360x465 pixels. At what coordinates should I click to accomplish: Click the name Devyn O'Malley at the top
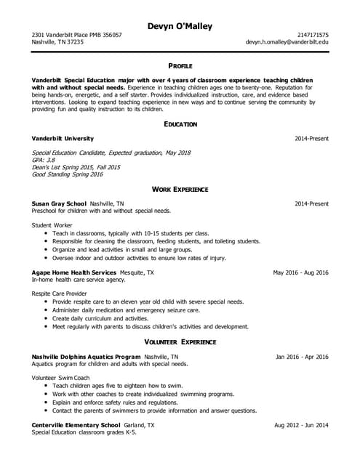pos(180,27)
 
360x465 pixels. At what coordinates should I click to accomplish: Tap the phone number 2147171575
pos(313,35)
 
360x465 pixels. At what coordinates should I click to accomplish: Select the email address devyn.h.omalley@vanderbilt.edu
pos(287,43)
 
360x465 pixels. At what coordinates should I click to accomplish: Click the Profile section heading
pos(180,65)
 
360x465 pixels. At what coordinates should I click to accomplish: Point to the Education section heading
pos(180,124)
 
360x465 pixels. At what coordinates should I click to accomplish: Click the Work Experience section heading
pos(180,189)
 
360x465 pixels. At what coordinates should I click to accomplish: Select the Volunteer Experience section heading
pos(180,341)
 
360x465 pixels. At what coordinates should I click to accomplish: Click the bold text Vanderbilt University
pos(63,138)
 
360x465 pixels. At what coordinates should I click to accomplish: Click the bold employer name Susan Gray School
pos(60,203)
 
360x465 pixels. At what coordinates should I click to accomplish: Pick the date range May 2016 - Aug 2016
pos(300,272)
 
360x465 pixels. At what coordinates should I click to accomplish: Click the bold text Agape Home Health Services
pos(74,272)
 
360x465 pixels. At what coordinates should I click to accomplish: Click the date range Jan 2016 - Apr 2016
pos(302,357)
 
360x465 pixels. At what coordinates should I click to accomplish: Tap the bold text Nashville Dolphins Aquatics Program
pos(87,357)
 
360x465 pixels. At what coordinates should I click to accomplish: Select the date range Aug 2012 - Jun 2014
pos(301,425)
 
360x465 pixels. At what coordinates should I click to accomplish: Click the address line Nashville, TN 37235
pos(57,43)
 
